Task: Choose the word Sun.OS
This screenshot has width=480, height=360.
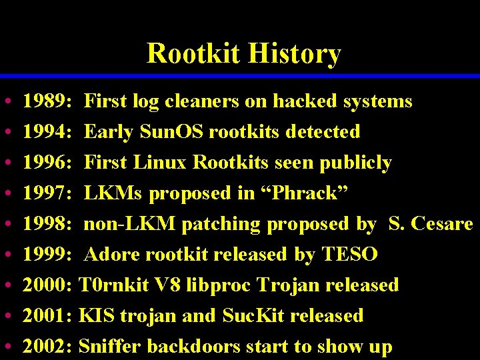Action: coord(172,132)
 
